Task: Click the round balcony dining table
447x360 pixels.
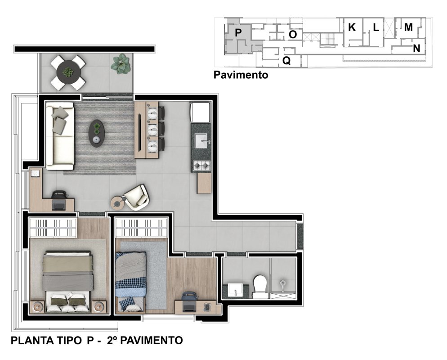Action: [68, 72]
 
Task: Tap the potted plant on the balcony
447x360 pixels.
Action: [121, 64]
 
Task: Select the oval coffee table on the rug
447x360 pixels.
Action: [96, 133]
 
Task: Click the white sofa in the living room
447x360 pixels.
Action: [60, 136]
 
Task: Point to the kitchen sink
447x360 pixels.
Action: [202, 141]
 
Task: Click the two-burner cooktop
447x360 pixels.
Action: [201, 165]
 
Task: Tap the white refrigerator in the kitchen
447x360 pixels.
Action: [201, 112]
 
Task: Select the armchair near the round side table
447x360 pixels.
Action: [136, 197]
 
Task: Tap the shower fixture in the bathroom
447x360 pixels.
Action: [282, 284]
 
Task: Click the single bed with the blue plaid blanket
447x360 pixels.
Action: [131, 282]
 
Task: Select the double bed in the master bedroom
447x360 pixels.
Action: [68, 281]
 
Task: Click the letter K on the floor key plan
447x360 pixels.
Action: [352, 27]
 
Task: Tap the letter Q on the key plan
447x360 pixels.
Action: [286, 60]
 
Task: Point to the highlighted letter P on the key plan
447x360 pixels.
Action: [238, 32]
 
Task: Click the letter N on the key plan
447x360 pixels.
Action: [416, 49]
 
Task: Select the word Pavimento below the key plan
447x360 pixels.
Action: [241, 75]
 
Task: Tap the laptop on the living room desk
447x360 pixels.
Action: [59, 205]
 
